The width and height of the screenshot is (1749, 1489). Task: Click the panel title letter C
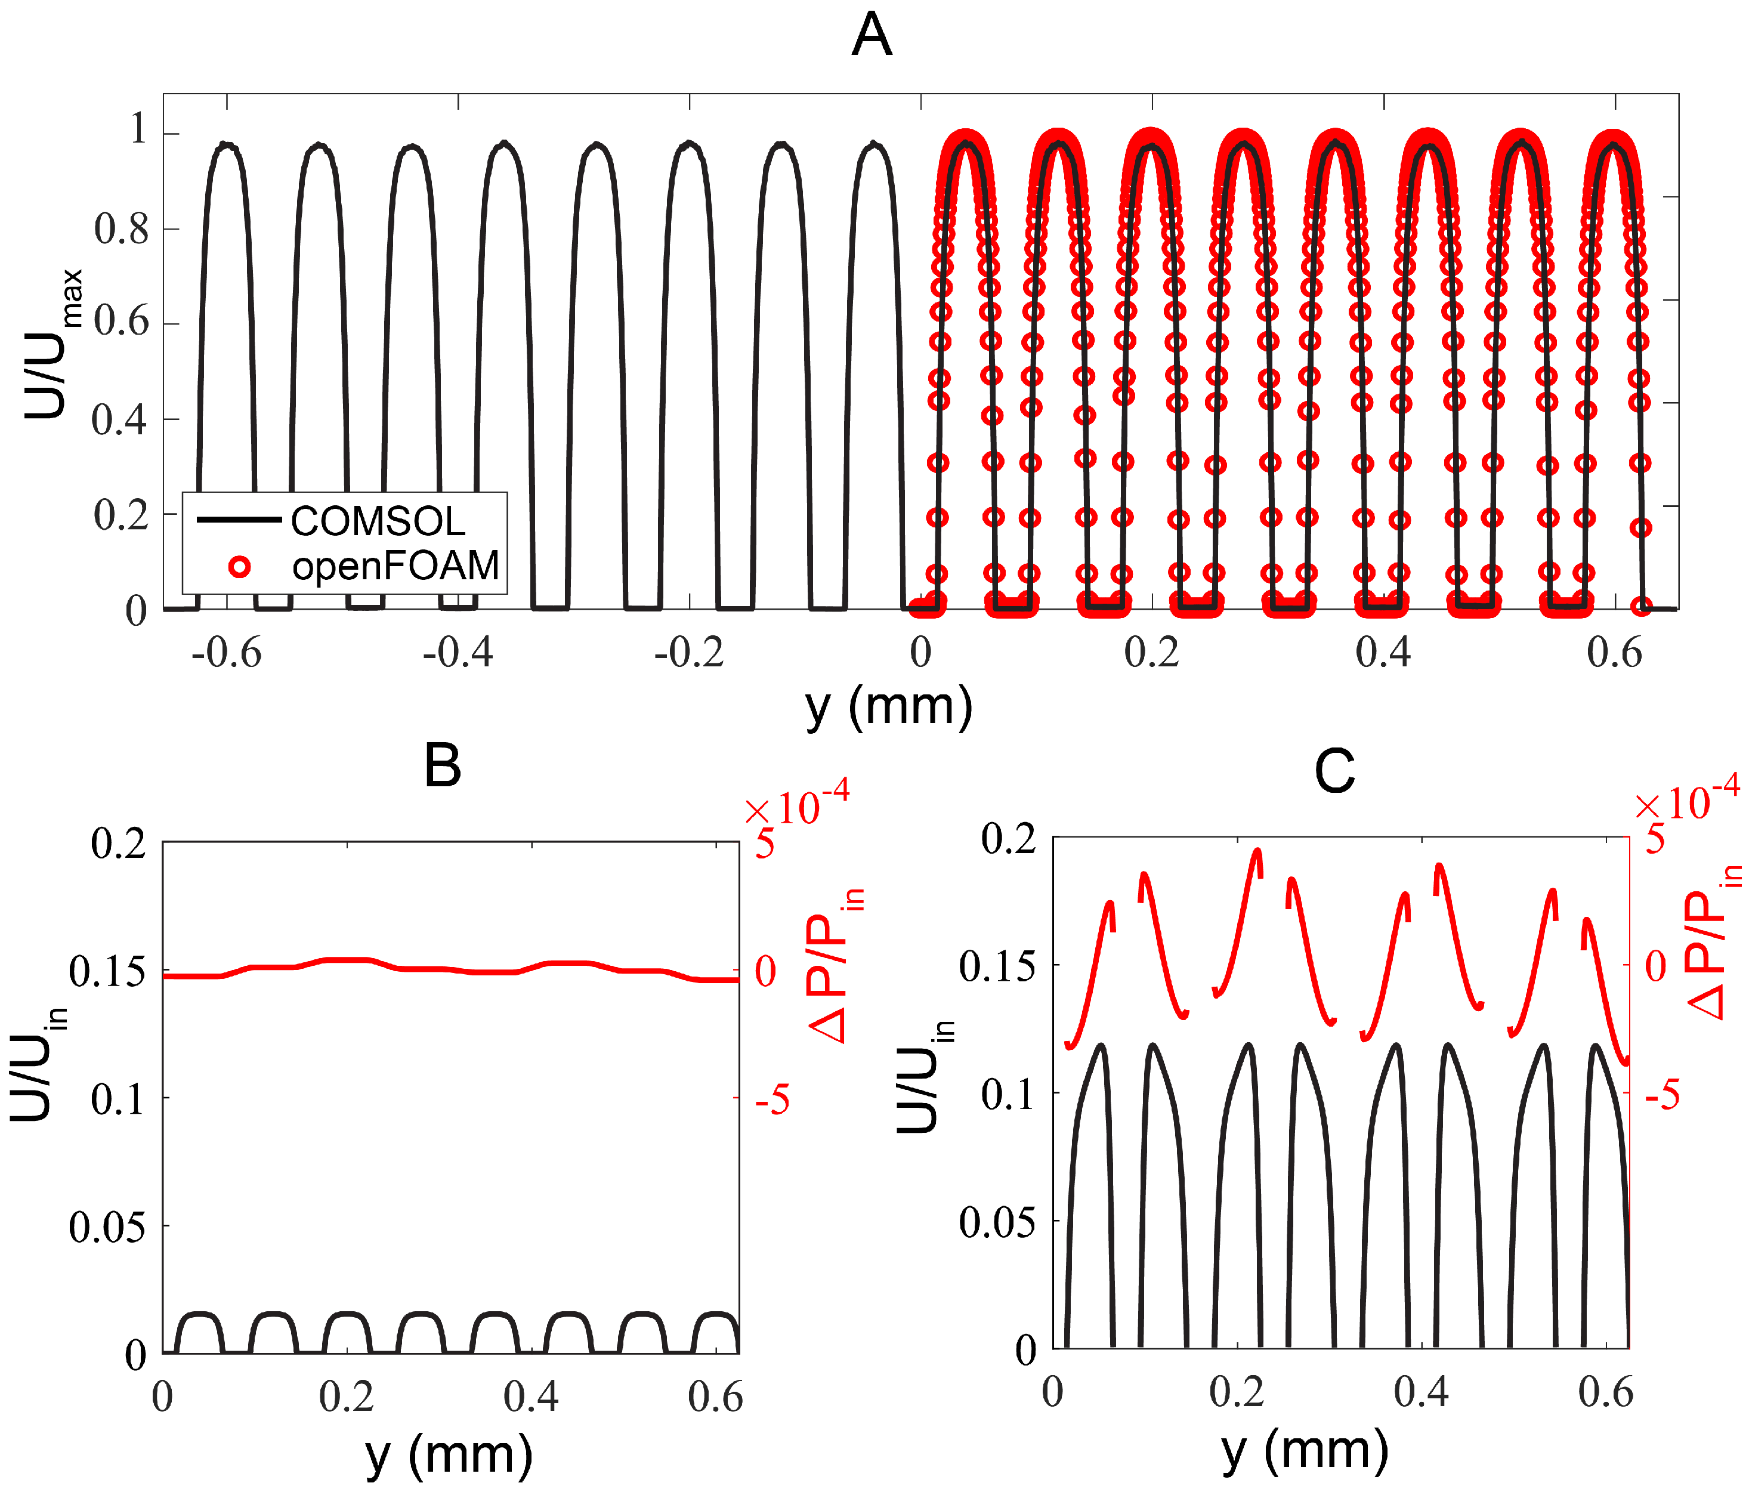(1334, 771)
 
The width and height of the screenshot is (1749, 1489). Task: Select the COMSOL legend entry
(378, 521)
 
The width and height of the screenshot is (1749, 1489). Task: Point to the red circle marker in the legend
(240, 567)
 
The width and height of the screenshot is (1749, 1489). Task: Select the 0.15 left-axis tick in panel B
(107, 972)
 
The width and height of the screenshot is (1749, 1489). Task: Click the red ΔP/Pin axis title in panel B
(836, 966)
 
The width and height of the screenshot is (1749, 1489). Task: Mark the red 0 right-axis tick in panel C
(1655, 966)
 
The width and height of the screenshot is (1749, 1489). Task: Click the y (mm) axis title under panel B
(449, 1454)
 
